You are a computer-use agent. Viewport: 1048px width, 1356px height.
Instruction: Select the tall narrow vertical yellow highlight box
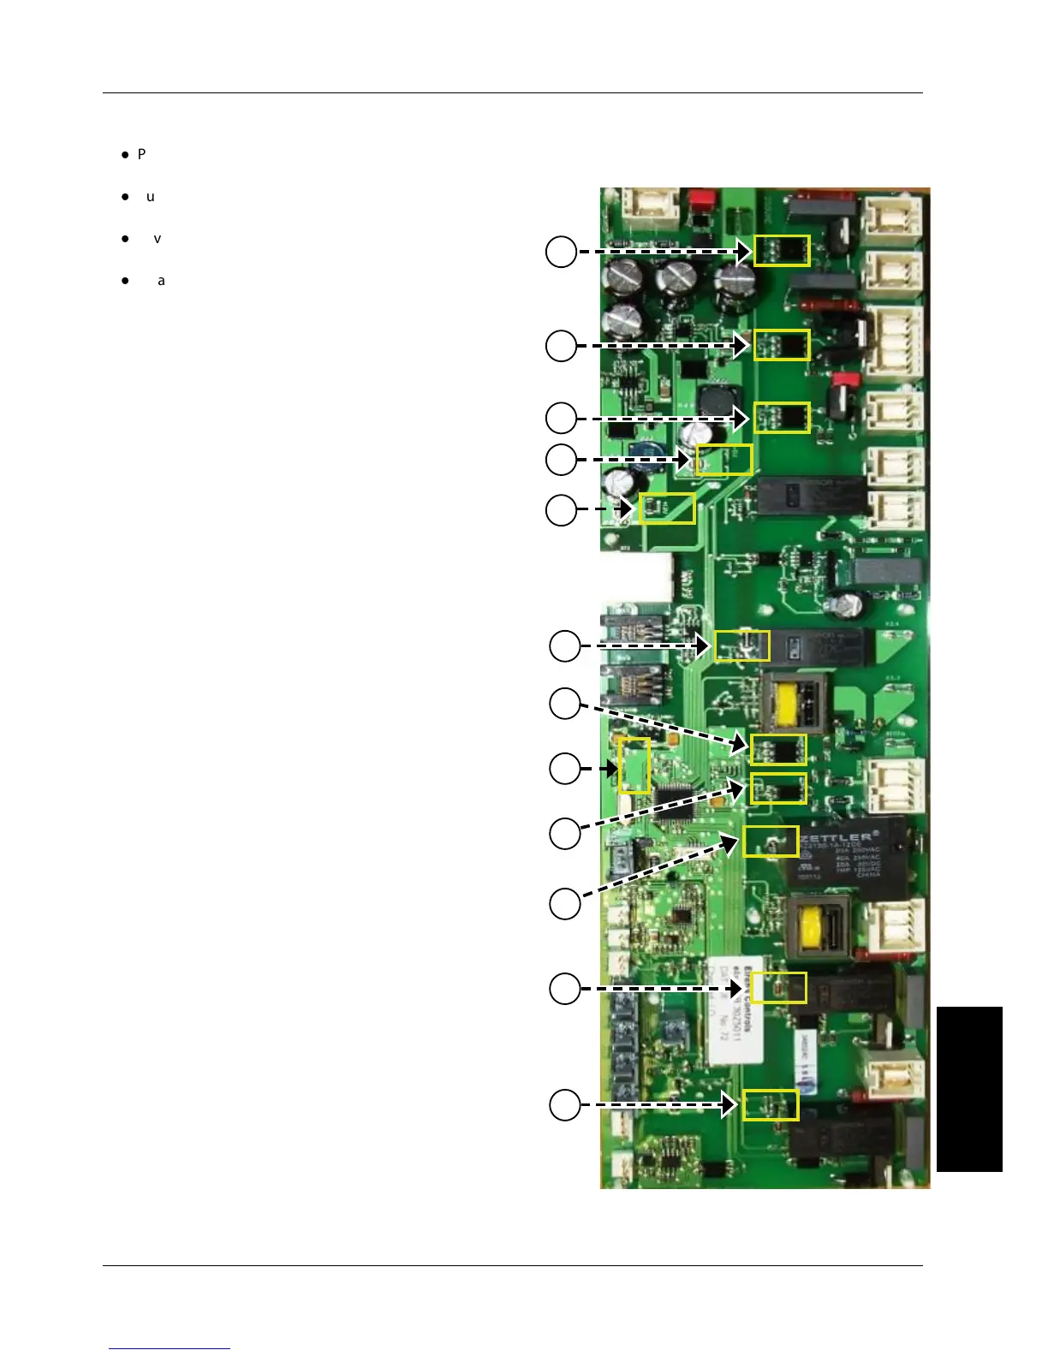(634, 764)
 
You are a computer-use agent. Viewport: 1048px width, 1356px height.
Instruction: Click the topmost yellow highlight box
(781, 250)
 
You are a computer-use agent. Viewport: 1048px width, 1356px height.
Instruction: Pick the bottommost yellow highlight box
(771, 1104)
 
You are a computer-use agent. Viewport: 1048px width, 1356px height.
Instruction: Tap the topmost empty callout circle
(561, 252)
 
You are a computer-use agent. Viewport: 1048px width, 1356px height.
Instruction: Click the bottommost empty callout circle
(564, 1104)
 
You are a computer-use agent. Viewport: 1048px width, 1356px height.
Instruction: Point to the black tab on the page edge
(969, 1089)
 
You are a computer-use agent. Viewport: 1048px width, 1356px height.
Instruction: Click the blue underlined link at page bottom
(170, 1348)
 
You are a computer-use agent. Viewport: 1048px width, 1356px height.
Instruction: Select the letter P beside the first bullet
(142, 154)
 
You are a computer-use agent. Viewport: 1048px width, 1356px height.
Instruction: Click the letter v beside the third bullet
(157, 238)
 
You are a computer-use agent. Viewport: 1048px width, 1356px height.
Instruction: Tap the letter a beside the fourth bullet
(161, 280)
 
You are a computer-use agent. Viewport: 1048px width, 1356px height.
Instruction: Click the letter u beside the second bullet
(151, 196)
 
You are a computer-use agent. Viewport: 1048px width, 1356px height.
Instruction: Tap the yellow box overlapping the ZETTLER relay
(771, 841)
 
